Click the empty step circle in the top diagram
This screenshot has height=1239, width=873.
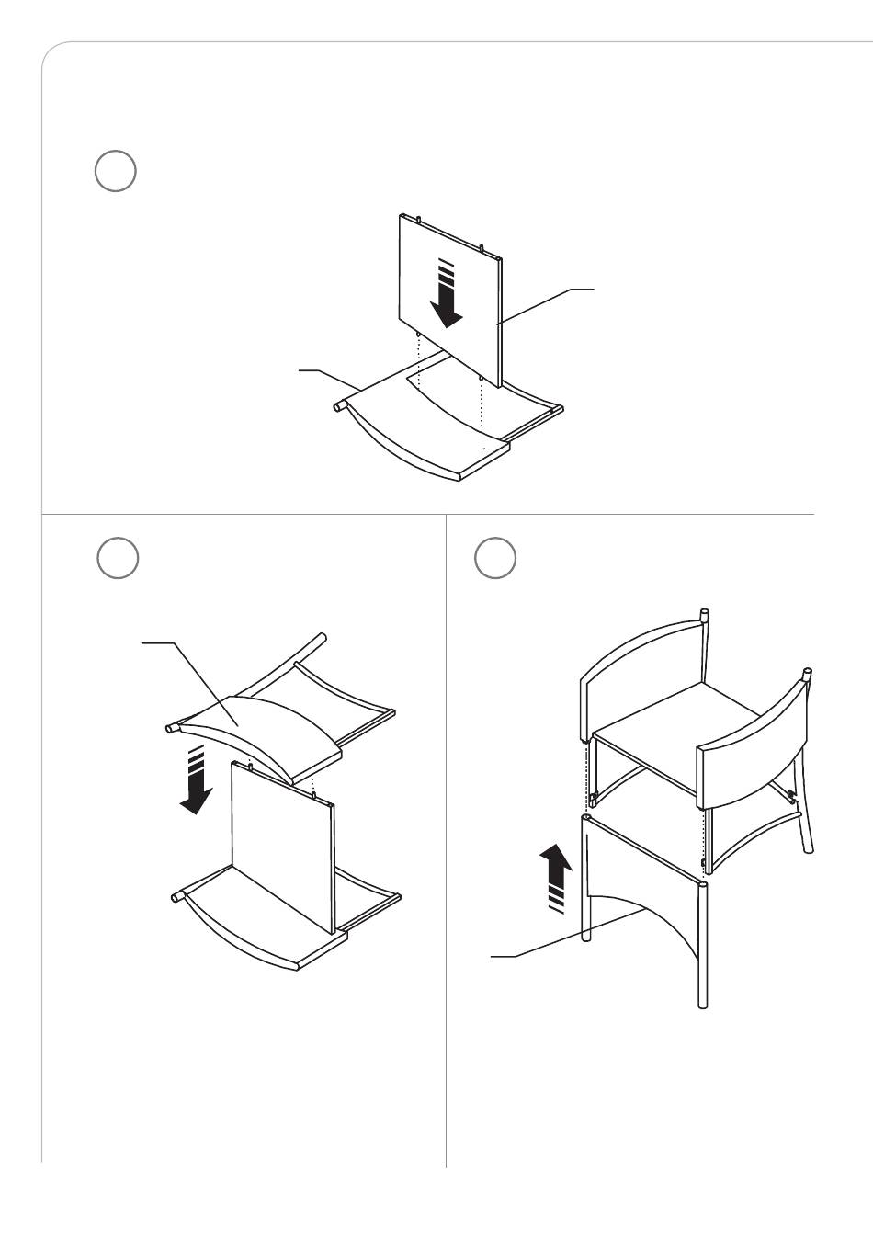[x=116, y=171]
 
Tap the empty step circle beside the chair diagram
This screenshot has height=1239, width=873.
[x=494, y=558]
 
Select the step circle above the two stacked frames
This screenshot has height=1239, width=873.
[x=118, y=558]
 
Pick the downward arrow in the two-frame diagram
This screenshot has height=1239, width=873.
[x=195, y=782]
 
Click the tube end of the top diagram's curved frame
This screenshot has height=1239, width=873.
[x=338, y=404]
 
